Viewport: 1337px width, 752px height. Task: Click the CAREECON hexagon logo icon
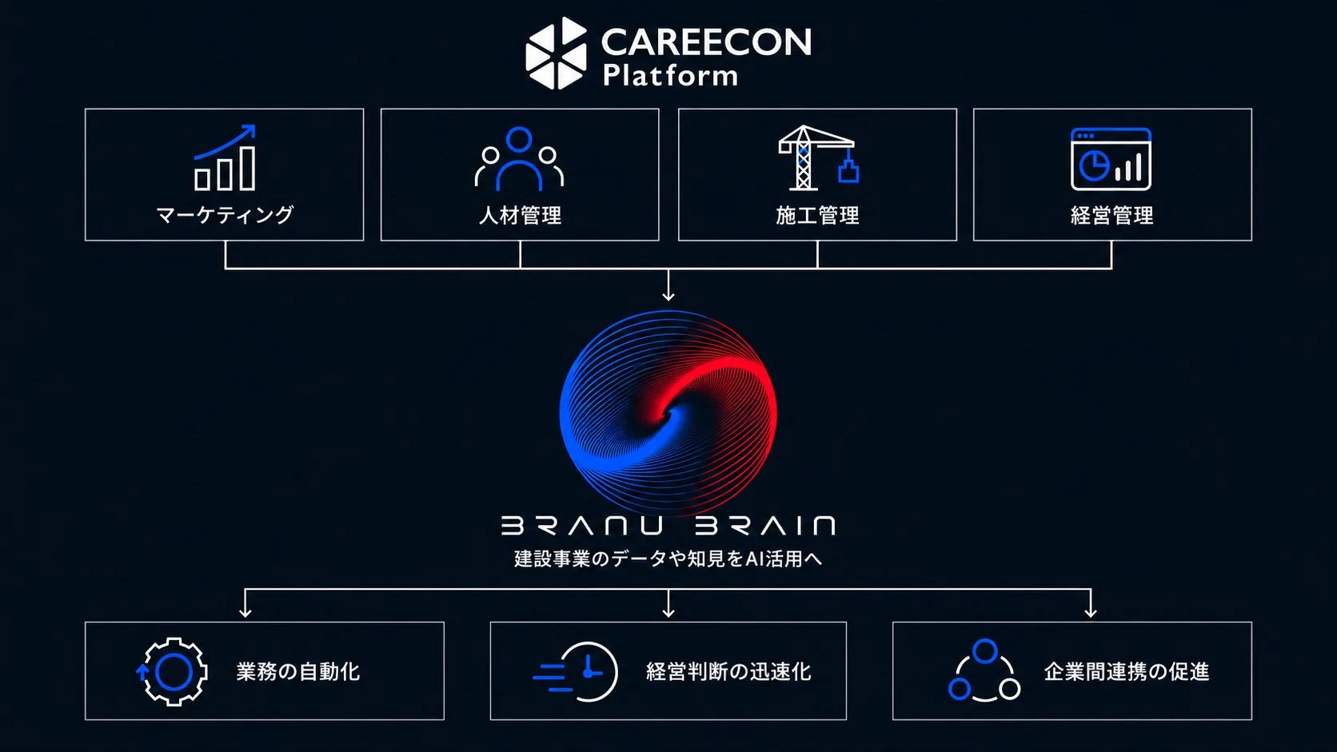[x=557, y=53]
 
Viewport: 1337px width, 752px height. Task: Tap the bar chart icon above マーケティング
[x=225, y=157]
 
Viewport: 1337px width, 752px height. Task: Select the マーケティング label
[x=225, y=215]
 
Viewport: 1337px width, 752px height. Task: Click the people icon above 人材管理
[x=519, y=158]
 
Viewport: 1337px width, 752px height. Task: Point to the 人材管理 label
[x=520, y=215]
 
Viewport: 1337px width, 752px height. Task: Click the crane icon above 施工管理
[x=818, y=158]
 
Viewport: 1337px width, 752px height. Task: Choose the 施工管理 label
[x=817, y=215]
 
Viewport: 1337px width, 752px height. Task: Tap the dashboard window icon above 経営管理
[x=1111, y=159]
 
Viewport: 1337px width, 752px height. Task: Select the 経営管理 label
[x=1112, y=215]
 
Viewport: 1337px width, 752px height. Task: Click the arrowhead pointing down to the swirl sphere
[x=668, y=295]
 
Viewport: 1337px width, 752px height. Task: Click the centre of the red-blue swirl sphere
[x=668, y=412]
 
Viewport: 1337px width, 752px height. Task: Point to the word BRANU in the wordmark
[x=582, y=525]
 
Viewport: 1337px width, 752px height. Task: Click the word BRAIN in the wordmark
[x=765, y=525]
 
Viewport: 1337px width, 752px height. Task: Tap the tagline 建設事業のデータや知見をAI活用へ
[x=668, y=559]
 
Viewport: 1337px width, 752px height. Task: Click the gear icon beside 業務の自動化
[x=172, y=671]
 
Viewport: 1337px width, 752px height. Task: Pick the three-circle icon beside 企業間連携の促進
[x=984, y=670]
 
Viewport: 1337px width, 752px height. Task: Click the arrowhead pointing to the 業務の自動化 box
[x=245, y=611]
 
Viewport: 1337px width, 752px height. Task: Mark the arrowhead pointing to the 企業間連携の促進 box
[x=1091, y=611]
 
